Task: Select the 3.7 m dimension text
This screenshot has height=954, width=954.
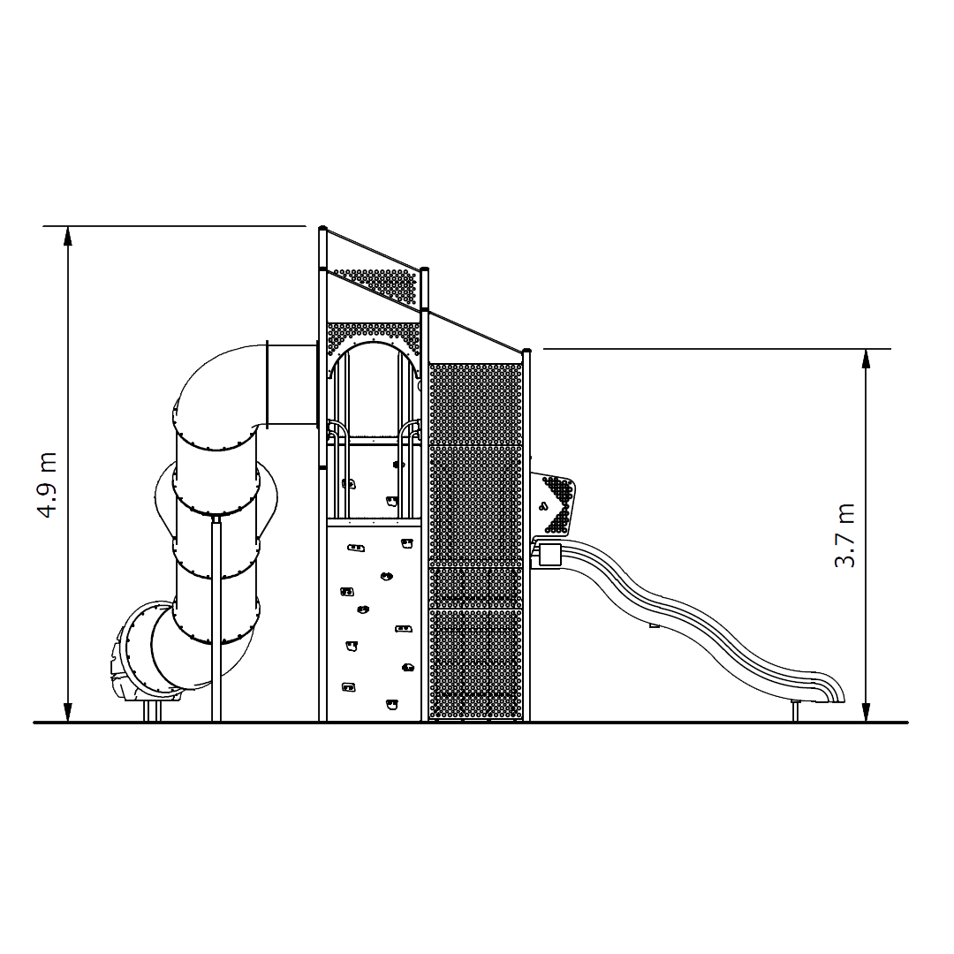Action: tap(845, 536)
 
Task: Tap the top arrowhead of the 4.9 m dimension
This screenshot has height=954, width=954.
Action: tap(68, 237)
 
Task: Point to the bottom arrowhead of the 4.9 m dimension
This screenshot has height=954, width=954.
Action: tap(68, 711)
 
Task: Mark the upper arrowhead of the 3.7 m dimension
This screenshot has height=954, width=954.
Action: tap(866, 360)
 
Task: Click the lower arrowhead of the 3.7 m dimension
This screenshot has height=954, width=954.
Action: tap(866, 711)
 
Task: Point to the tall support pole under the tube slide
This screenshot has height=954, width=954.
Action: tap(216, 618)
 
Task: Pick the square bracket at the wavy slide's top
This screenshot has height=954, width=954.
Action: tap(549, 554)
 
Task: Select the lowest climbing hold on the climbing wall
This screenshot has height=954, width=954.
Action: tap(391, 704)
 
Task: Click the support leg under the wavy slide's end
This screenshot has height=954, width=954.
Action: tap(795, 711)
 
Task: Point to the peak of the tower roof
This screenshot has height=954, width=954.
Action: tap(322, 229)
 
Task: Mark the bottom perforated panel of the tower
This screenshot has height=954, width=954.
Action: tap(475, 662)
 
